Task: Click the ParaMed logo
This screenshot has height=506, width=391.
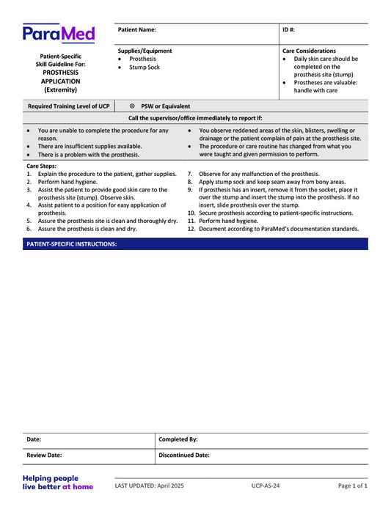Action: [59, 33]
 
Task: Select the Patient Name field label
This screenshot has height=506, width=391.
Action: [137, 30]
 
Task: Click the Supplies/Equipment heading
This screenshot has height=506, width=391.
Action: [145, 51]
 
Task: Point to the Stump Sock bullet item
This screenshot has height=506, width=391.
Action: [144, 67]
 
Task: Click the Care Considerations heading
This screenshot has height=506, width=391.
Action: [309, 51]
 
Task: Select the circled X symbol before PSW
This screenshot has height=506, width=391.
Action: [132, 106]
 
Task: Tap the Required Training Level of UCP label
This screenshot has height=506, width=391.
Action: [68, 106]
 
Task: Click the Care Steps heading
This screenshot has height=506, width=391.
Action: [40, 166]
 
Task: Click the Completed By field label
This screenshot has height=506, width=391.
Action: [178, 439]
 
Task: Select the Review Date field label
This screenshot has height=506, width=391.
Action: [44, 455]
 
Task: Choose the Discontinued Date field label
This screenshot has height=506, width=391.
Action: [184, 455]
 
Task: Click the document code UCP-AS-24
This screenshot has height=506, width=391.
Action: [266, 485]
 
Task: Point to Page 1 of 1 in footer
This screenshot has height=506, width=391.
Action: [352, 485]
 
